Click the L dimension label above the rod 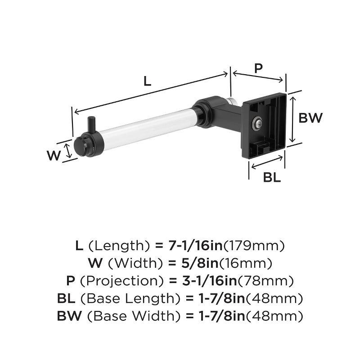tap(147, 81)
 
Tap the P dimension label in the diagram tap(258, 68)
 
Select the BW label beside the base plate tap(311, 118)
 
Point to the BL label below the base tap(272, 177)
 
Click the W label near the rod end tap(54, 156)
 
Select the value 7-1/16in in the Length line tap(195, 246)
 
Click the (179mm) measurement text tap(255, 246)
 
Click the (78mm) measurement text tap(265, 281)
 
